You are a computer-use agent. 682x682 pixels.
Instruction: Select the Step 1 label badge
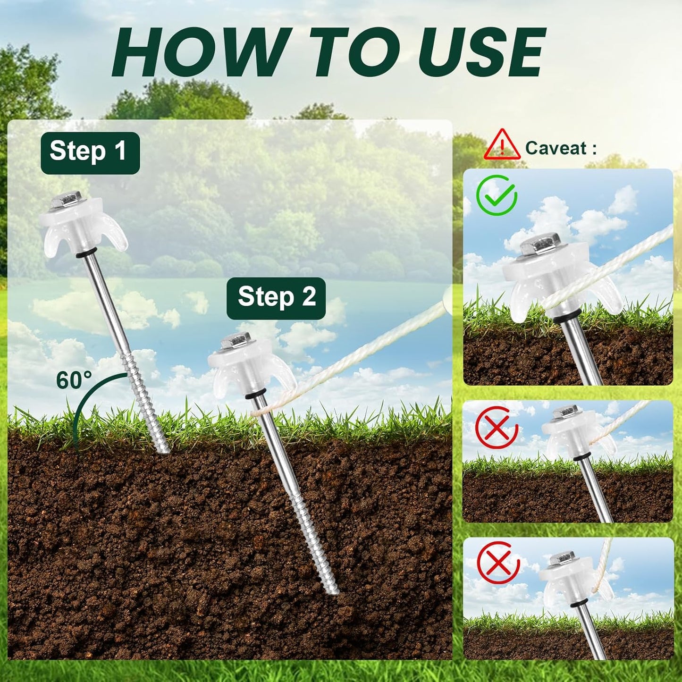pyautogui.click(x=90, y=152)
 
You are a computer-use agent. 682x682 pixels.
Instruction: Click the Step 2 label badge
pyautogui.click(x=276, y=298)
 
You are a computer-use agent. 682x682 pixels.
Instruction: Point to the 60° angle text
pyautogui.click(x=74, y=380)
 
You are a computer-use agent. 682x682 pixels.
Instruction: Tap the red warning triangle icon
pyautogui.click(x=502, y=146)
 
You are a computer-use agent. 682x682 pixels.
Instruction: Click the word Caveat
pyautogui.click(x=556, y=148)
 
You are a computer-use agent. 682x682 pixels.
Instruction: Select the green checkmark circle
pyautogui.click(x=497, y=195)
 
